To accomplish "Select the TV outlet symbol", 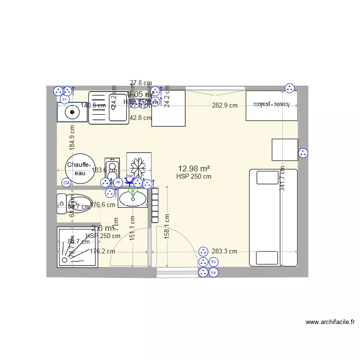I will click(x=214, y=262).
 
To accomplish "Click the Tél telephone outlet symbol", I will click(x=214, y=273).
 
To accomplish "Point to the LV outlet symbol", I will click(x=64, y=99).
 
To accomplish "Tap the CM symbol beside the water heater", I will click(x=66, y=183).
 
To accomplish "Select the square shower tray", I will click(x=78, y=247).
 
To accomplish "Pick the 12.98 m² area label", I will click(x=194, y=168).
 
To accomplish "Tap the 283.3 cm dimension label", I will click(x=225, y=251).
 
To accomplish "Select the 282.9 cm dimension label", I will click(x=225, y=105).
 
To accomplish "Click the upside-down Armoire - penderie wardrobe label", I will click(x=271, y=104).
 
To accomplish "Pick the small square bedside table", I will click(x=285, y=150).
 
